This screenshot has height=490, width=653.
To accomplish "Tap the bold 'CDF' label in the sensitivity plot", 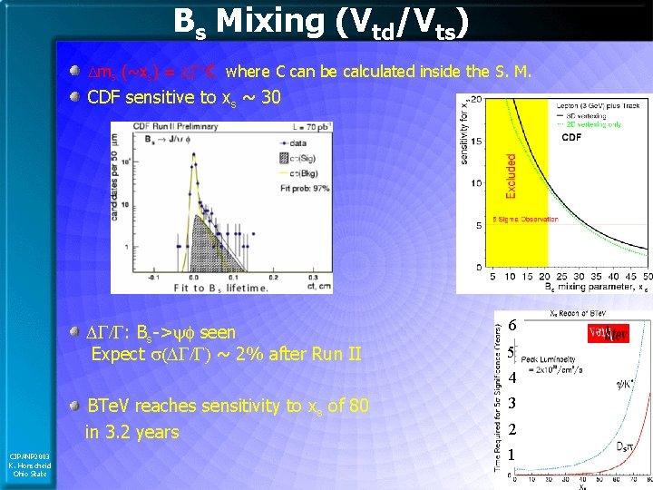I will pyautogui.click(x=571, y=138).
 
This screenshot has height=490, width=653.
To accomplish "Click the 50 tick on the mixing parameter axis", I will pyautogui.click(x=646, y=276).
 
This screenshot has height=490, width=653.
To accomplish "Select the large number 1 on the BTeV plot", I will pyautogui.click(x=512, y=454).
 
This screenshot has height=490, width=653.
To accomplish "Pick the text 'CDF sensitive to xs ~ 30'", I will pyautogui.click(x=184, y=96).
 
